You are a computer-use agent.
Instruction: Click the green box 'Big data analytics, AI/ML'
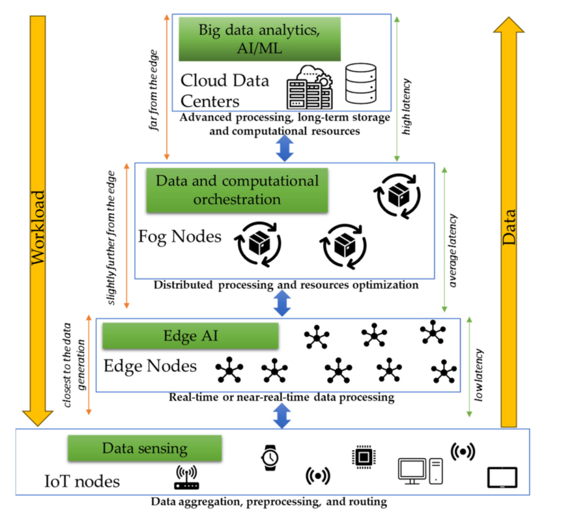(259, 39)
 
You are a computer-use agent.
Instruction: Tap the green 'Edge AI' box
(191, 336)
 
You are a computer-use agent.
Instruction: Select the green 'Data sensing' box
(145, 448)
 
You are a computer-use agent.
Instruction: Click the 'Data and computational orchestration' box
(237, 190)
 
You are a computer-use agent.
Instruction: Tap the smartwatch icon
(268, 459)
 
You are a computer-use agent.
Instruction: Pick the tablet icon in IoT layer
(502, 478)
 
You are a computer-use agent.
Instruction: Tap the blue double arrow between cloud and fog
(285, 148)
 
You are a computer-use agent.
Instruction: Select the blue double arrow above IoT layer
(281, 415)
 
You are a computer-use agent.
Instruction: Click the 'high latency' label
(407, 107)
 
